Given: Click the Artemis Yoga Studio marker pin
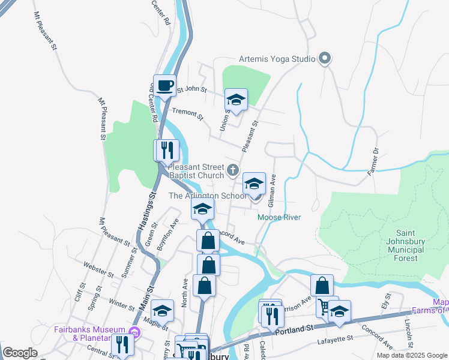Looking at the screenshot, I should pos(325,59).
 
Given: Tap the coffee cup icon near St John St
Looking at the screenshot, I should pos(164,85).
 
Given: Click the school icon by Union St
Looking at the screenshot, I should pos(236,100).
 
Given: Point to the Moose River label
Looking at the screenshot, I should pos(279,217).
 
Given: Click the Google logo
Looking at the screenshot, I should pos(20,353).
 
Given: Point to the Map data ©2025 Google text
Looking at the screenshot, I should pos(411,355).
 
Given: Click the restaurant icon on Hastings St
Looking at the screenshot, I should pos(166,149).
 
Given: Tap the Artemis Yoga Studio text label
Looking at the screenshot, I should pos(277,59).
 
